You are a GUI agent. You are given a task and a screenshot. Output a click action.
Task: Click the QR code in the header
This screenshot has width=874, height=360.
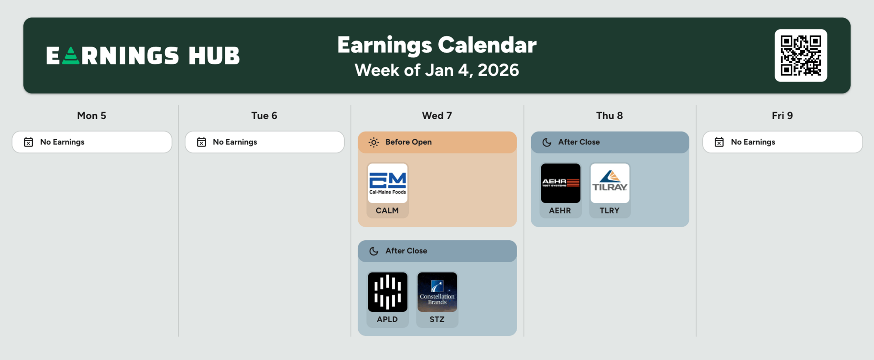(x=801, y=56)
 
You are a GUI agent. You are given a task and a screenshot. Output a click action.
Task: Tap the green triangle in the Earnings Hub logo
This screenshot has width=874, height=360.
(x=71, y=56)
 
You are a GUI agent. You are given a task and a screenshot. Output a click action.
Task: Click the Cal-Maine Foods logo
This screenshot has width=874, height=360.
(x=387, y=183)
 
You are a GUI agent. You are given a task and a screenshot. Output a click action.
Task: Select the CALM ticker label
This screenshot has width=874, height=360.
(x=387, y=210)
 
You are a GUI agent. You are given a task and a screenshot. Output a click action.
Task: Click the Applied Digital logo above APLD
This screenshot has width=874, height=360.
(x=387, y=292)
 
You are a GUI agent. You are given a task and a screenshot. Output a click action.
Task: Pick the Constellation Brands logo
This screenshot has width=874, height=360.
(x=437, y=292)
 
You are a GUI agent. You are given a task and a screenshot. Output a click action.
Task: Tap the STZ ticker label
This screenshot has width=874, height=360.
(x=437, y=319)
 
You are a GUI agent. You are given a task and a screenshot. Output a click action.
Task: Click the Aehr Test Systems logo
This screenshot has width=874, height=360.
(x=560, y=183)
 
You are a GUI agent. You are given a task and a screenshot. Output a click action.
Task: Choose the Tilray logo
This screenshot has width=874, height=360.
(x=610, y=183)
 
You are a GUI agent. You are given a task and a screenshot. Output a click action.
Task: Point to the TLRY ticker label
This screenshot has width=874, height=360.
(x=610, y=210)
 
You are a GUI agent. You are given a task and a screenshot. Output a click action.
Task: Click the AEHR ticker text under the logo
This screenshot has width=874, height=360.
(x=560, y=210)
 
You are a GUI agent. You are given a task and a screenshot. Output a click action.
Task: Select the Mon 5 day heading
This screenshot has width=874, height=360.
(x=91, y=116)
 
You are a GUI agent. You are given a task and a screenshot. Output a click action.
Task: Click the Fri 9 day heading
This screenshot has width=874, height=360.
(x=782, y=116)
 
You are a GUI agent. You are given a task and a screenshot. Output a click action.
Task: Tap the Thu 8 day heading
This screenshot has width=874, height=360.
(x=610, y=116)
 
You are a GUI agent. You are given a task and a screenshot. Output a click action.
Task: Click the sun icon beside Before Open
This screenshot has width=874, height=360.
(x=374, y=142)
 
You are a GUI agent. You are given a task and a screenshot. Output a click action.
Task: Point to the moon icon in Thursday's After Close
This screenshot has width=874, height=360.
(x=547, y=142)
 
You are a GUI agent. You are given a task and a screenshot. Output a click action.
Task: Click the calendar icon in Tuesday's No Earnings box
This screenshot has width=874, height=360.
(x=201, y=142)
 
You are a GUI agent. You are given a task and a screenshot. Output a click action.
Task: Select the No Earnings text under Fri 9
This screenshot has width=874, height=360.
(x=753, y=142)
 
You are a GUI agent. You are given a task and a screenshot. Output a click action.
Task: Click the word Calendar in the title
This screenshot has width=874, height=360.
(x=487, y=45)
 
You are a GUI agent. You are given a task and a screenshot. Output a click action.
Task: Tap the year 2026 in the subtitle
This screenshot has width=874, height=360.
(x=498, y=70)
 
